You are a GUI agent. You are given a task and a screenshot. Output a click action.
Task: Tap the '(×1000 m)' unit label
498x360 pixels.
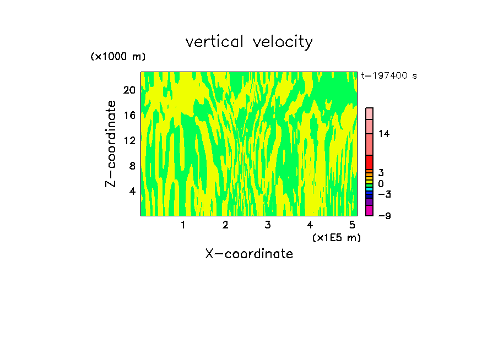tap(117, 57)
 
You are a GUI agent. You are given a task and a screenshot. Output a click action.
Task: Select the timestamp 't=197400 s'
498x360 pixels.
tap(388, 75)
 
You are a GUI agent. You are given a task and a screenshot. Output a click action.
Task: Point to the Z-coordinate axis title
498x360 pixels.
tap(111, 144)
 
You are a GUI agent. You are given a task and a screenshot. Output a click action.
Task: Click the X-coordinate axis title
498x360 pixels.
tap(249, 254)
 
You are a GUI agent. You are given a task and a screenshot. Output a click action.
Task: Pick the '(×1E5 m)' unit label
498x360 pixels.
tap(336, 237)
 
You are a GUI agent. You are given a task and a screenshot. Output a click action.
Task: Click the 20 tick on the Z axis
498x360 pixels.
tap(129, 90)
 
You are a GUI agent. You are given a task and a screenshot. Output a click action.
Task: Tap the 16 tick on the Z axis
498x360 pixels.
tap(129, 115)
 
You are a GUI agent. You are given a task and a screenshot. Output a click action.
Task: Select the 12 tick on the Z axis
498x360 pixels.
tap(129, 140)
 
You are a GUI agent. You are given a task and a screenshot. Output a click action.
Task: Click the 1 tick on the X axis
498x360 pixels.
tap(183, 225)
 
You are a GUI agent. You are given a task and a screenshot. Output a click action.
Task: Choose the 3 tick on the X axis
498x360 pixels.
tap(267, 225)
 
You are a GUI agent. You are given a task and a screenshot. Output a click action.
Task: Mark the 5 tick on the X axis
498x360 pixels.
tap(351, 225)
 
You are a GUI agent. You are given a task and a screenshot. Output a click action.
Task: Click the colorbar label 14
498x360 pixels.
tap(384, 134)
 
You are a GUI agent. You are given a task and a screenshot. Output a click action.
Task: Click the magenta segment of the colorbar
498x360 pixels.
tap(369, 211)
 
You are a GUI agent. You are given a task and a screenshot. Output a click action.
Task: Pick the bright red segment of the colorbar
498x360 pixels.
tap(369, 162)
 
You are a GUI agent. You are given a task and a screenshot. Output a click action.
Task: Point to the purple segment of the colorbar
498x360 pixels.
tap(369, 202)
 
